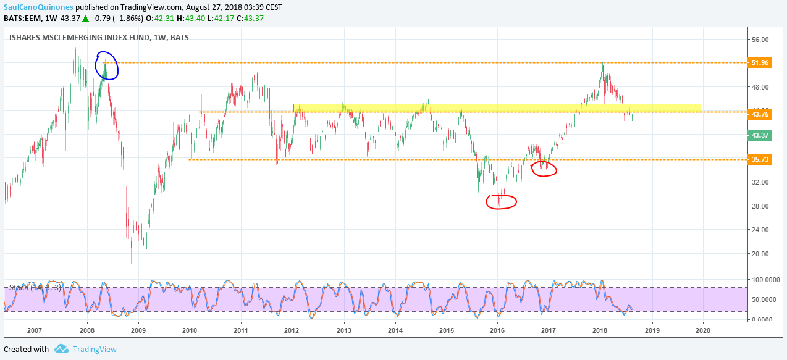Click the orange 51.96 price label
click(x=759, y=63)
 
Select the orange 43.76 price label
click(x=759, y=114)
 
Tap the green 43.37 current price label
click(x=759, y=135)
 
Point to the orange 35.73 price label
click(x=759, y=159)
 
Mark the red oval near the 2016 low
click(x=501, y=202)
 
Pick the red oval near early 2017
click(x=544, y=169)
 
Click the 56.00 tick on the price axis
click(x=759, y=40)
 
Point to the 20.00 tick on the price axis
click(x=759, y=254)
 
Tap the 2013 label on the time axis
click(x=344, y=330)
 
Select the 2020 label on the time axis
click(x=702, y=330)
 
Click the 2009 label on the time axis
click(x=138, y=330)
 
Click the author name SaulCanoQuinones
click(x=38, y=7)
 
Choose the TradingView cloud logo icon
click(x=61, y=349)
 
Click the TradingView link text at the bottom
click(x=95, y=350)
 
